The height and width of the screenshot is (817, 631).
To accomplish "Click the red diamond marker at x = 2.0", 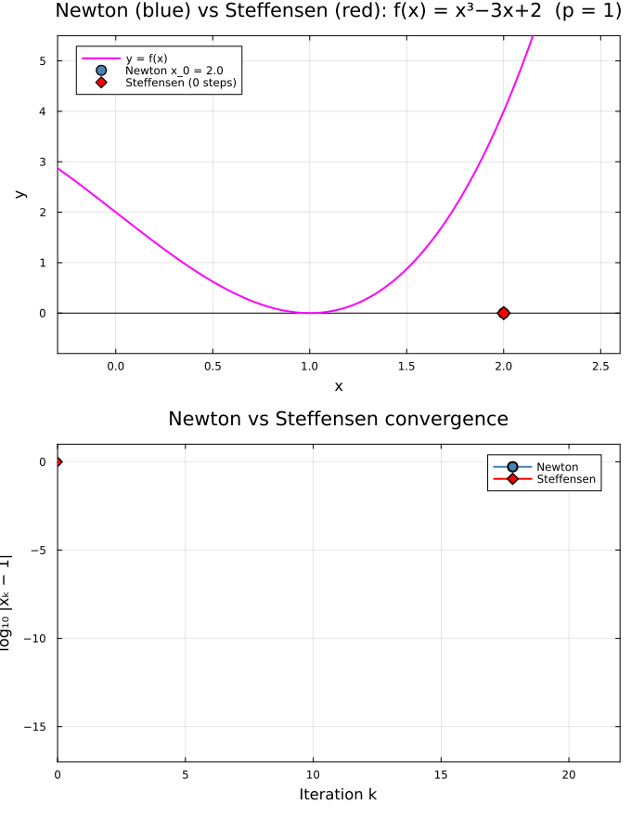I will pyautogui.click(x=503, y=313).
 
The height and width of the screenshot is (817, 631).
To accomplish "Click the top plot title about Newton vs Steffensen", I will pyautogui.click(x=339, y=11).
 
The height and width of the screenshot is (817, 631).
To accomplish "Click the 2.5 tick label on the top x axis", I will pyautogui.click(x=600, y=367).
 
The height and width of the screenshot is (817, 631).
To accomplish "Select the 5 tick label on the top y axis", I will pyautogui.click(x=42, y=60).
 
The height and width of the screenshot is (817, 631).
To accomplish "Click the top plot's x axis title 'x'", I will pyautogui.click(x=339, y=386).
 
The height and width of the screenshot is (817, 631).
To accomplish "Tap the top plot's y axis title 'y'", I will pyautogui.click(x=19, y=194).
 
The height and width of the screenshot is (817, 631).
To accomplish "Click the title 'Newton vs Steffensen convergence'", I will pyautogui.click(x=339, y=419).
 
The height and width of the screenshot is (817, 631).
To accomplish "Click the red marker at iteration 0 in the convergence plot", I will pyautogui.click(x=58, y=461).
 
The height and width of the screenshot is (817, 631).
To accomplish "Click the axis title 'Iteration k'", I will pyautogui.click(x=339, y=795).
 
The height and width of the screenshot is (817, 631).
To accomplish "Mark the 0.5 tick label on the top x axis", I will pyautogui.click(x=212, y=367).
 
